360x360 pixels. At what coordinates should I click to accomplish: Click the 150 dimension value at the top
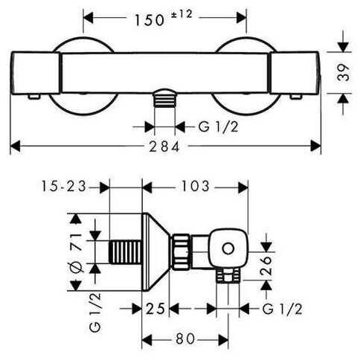coord(150,20)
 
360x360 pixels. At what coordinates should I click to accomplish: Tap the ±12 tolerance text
coord(181,14)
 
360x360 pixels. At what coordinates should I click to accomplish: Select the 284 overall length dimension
coord(164,147)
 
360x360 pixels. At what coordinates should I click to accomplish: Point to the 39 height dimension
coord(344,73)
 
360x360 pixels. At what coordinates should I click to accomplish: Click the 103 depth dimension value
coord(196,186)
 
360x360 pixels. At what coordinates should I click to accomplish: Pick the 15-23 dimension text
coord(64,186)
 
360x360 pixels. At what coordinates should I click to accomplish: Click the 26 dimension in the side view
coord(266,266)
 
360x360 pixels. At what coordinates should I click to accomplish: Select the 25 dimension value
coord(155,309)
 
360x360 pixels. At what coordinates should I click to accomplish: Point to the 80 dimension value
coord(185,338)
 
